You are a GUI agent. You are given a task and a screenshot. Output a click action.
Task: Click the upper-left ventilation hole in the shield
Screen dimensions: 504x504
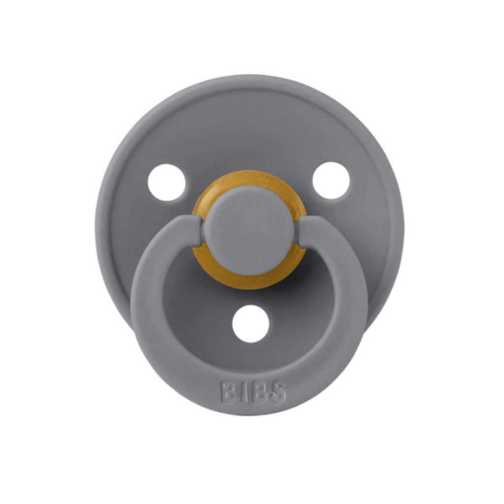166,182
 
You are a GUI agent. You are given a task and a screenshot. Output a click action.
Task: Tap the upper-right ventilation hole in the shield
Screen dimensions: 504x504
331,180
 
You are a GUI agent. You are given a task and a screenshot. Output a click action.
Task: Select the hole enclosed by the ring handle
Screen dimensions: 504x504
251,324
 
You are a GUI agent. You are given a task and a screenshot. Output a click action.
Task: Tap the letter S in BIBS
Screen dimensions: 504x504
276,391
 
